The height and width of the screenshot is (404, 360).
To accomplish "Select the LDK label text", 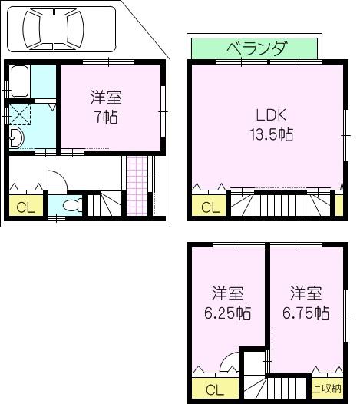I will pos(270,115).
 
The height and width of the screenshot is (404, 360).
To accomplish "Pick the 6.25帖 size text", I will pos(227,313).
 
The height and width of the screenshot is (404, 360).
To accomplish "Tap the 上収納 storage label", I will pos(327,389).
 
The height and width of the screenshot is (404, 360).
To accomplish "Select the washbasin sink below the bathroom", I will pos(17,138).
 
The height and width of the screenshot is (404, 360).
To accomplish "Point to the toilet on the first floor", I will pos(71,205).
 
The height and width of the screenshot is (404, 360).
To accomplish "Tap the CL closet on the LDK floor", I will pos(208,206).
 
